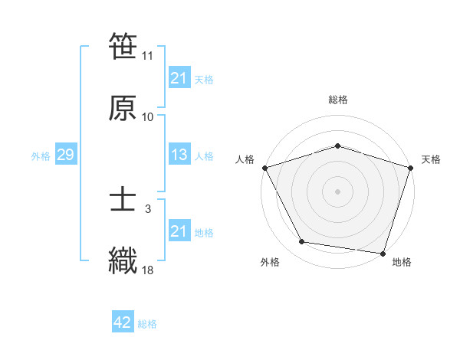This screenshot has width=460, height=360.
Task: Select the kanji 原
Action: (x=123, y=107)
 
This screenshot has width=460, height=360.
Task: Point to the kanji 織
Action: (x=123, y=260)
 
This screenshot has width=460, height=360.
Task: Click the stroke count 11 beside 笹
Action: (x=148, y=56)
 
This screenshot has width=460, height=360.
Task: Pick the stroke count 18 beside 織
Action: (x=148, y=269)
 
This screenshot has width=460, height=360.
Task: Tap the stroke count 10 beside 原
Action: (x=148, y=116)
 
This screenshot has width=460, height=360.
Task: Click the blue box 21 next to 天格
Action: (x=179, y=78)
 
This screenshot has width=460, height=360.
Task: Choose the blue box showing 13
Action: (x=179, y=155)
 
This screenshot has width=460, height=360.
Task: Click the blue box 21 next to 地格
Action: (x=179, y=231)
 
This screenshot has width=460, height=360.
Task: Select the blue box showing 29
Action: (x=65, y=155)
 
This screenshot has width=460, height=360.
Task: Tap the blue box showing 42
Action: (x=123, y=322)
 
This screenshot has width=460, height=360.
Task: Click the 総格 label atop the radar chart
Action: (x=338, y=100)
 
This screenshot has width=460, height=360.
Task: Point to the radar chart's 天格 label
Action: (x=431, y=159)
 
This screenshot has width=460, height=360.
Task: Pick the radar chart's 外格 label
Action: (x=270, y=262)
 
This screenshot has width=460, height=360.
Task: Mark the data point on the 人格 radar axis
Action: (x=264, y=168)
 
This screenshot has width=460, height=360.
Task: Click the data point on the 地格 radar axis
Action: (x=383, y=253)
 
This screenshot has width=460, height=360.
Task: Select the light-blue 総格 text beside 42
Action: (x=147, y=324)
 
